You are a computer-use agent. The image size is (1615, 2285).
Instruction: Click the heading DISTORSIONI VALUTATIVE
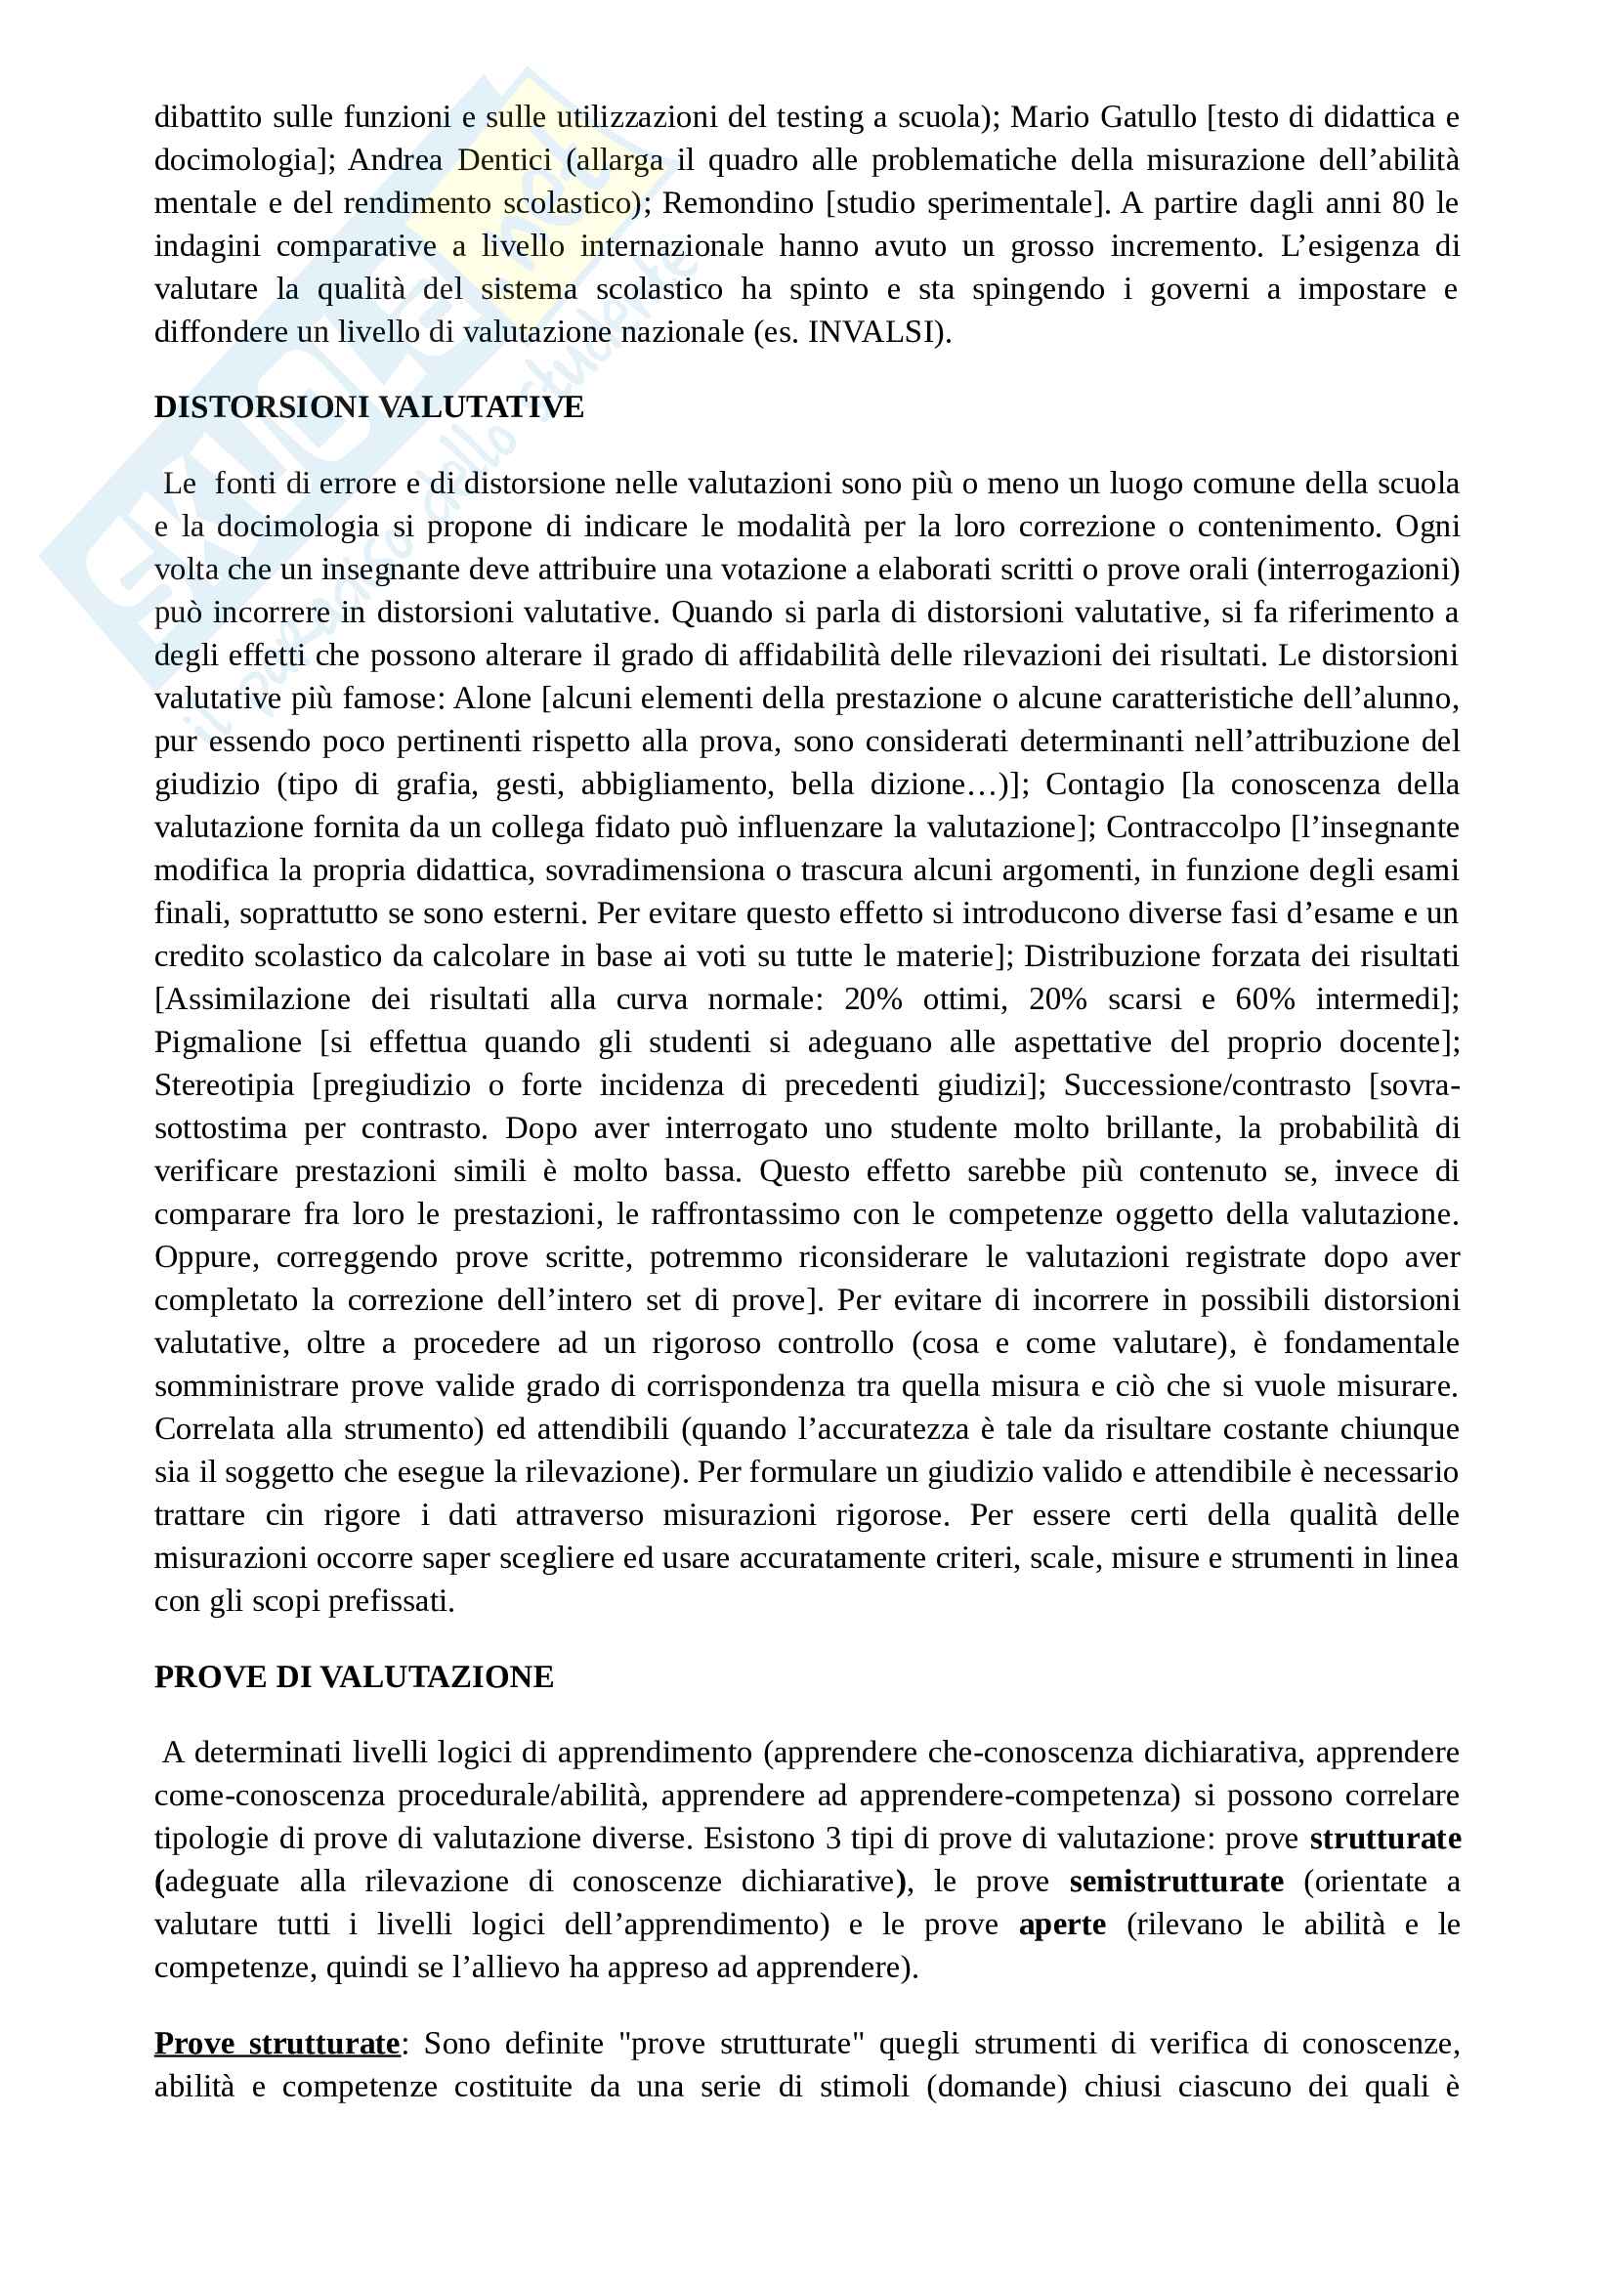[x=368, y=408]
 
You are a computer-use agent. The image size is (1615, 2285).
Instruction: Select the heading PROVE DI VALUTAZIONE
[x=354, y=1677]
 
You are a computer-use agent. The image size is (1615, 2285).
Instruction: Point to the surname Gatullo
[x=1148, y=117]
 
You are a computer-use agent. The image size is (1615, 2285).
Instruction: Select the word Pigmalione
[x=228, y=1042]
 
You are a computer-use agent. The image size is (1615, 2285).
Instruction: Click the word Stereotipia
[x=224, y=1084]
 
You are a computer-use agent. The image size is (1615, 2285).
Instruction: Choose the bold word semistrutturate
[x=1176, y=1882]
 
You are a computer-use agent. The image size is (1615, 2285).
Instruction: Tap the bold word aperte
[x=1062, y=1925]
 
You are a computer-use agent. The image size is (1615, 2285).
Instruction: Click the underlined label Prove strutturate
[x=276, y=2043]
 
